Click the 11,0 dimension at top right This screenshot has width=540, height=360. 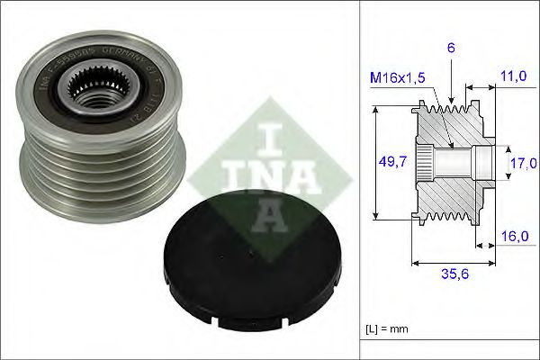[516, 77]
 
